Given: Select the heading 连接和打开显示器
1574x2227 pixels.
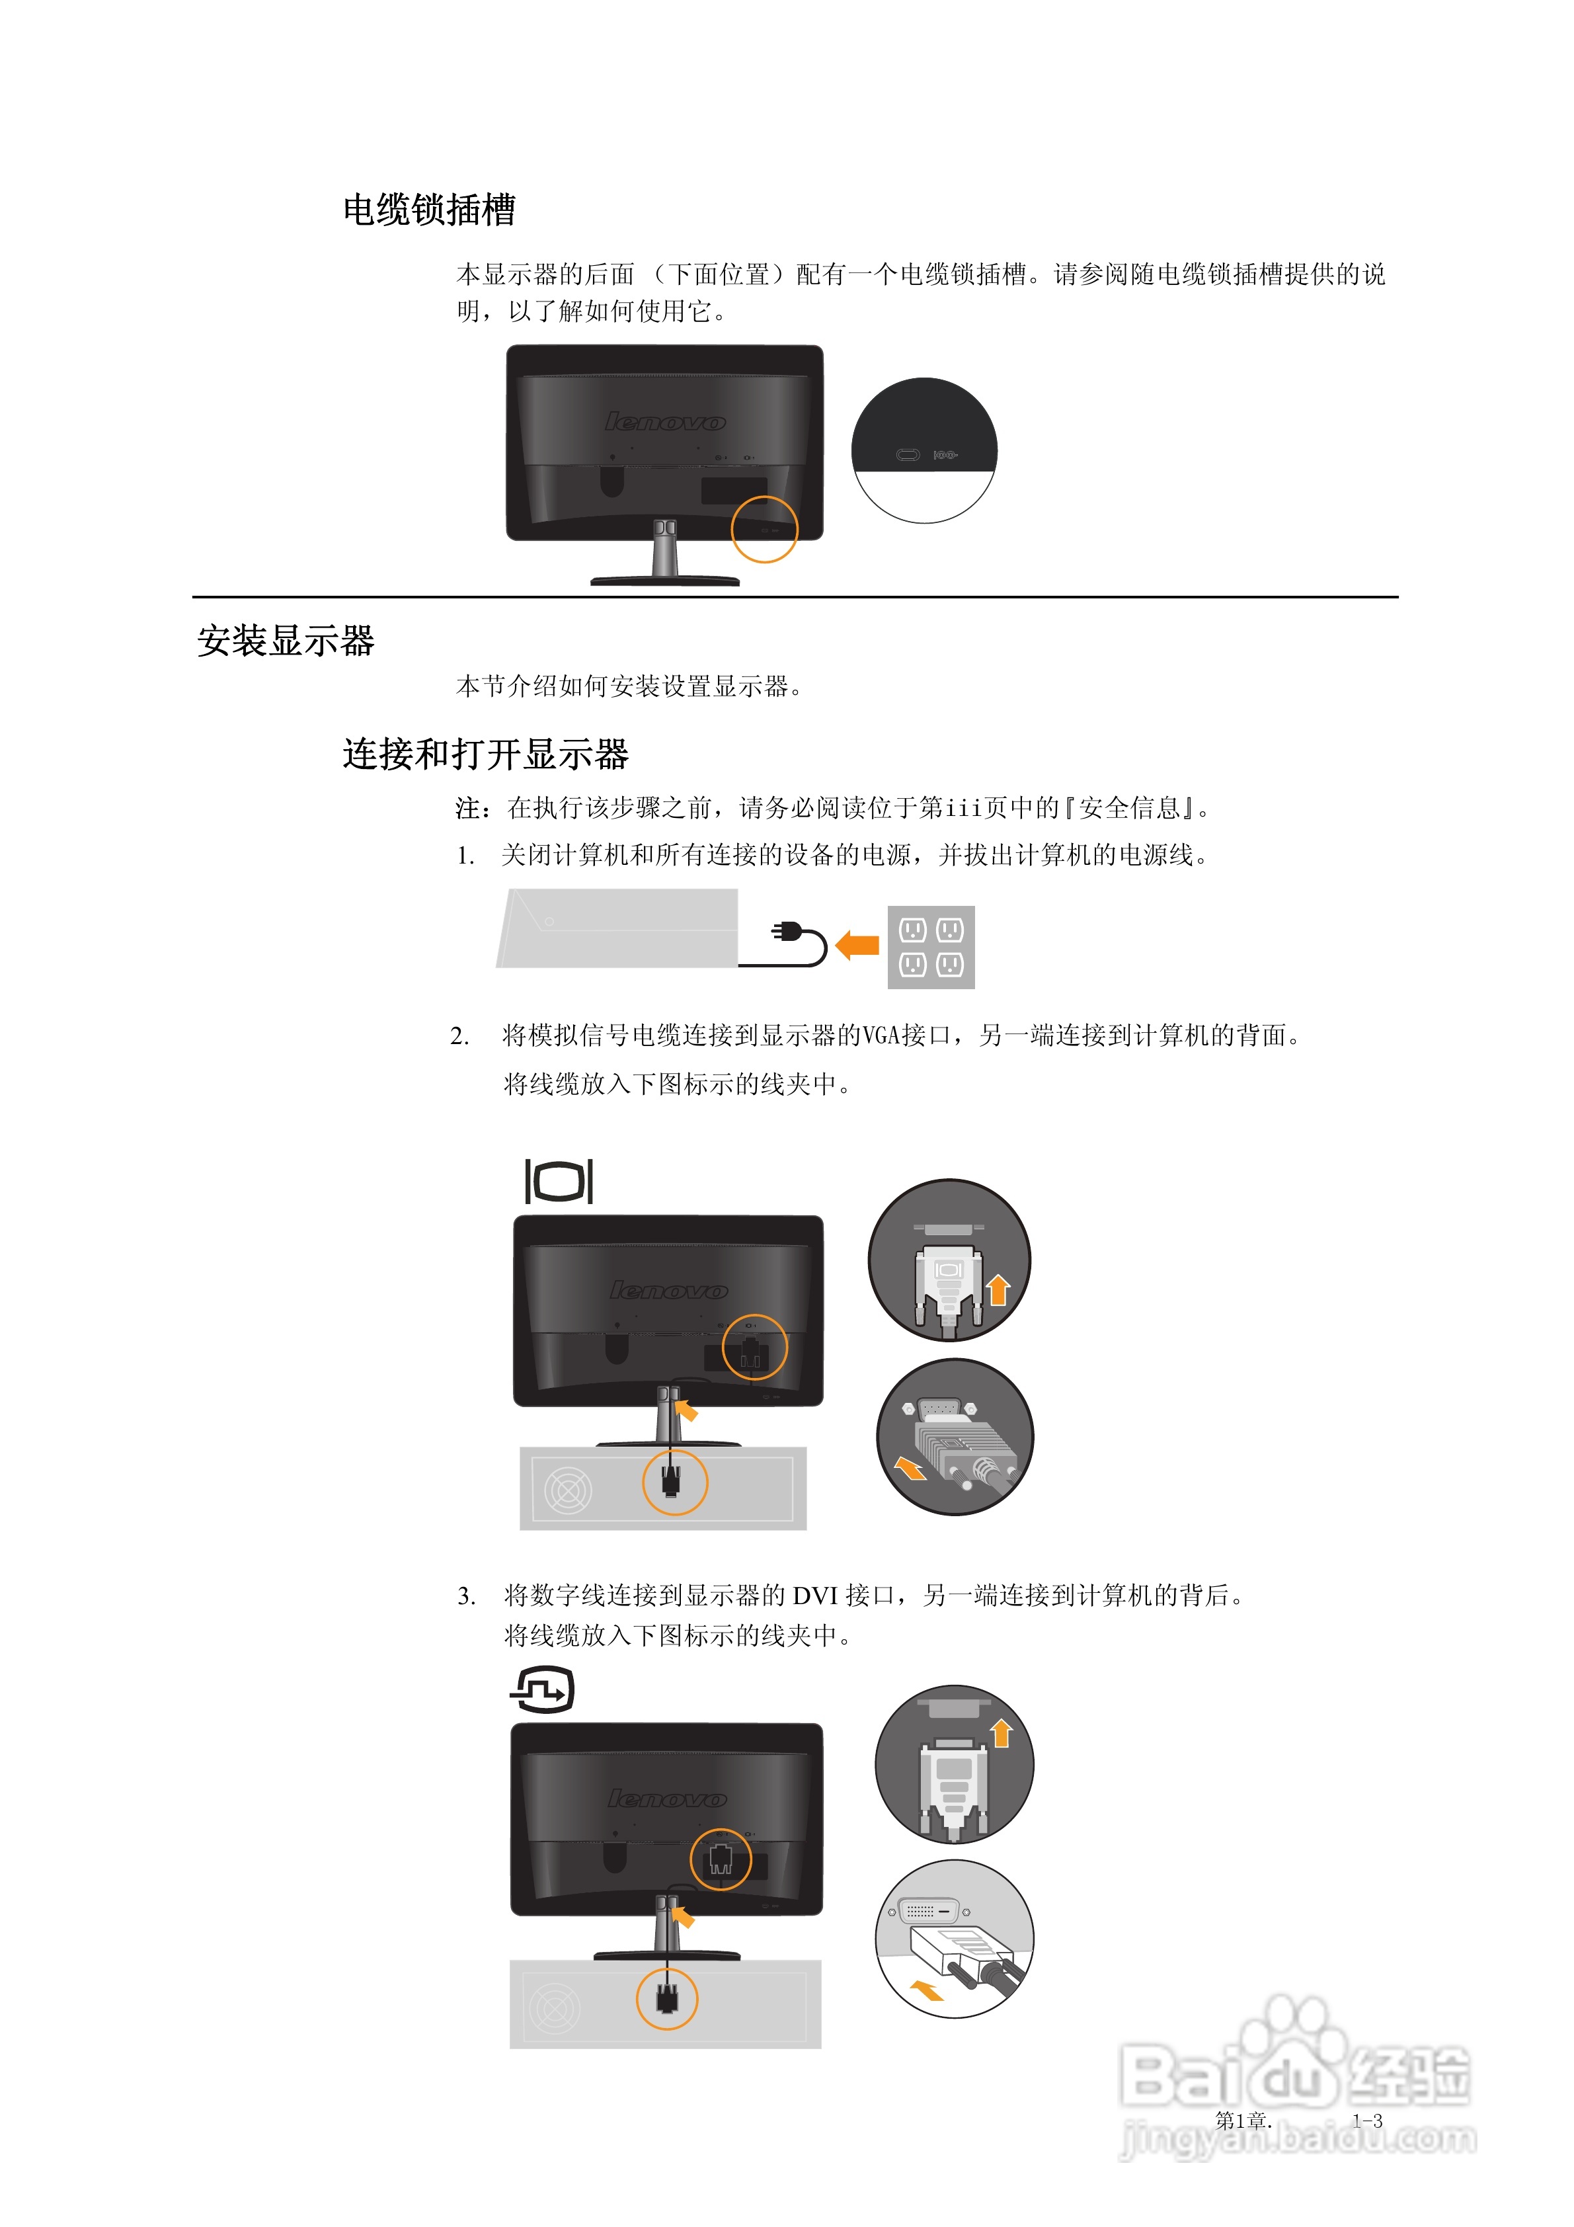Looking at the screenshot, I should click(x=485, y=754).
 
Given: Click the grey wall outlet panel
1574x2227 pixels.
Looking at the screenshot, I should click(x=931, y=947).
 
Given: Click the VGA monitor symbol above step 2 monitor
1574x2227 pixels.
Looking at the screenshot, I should click(x=559, y=1180).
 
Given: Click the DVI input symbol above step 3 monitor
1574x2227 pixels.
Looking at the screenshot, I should click(x=542, y=1689).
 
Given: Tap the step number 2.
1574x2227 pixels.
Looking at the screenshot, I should click(x=459, y=1036).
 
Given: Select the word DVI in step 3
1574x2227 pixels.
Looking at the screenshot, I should click(x=814, y=1596).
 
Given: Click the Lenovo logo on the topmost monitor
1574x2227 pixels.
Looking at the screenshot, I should click(x=665, y=422).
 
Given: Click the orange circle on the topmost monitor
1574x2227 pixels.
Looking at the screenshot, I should click(x=764, y=530).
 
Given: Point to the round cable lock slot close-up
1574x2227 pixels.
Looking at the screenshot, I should click(x=924, y=451).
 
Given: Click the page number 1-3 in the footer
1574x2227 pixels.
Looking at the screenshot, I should click(x=1368, y=2121).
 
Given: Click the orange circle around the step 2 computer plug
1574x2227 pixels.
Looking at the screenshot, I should click(x=675, y=1482).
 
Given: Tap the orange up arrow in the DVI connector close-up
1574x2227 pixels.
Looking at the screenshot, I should click(x=1002, y=1732).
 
